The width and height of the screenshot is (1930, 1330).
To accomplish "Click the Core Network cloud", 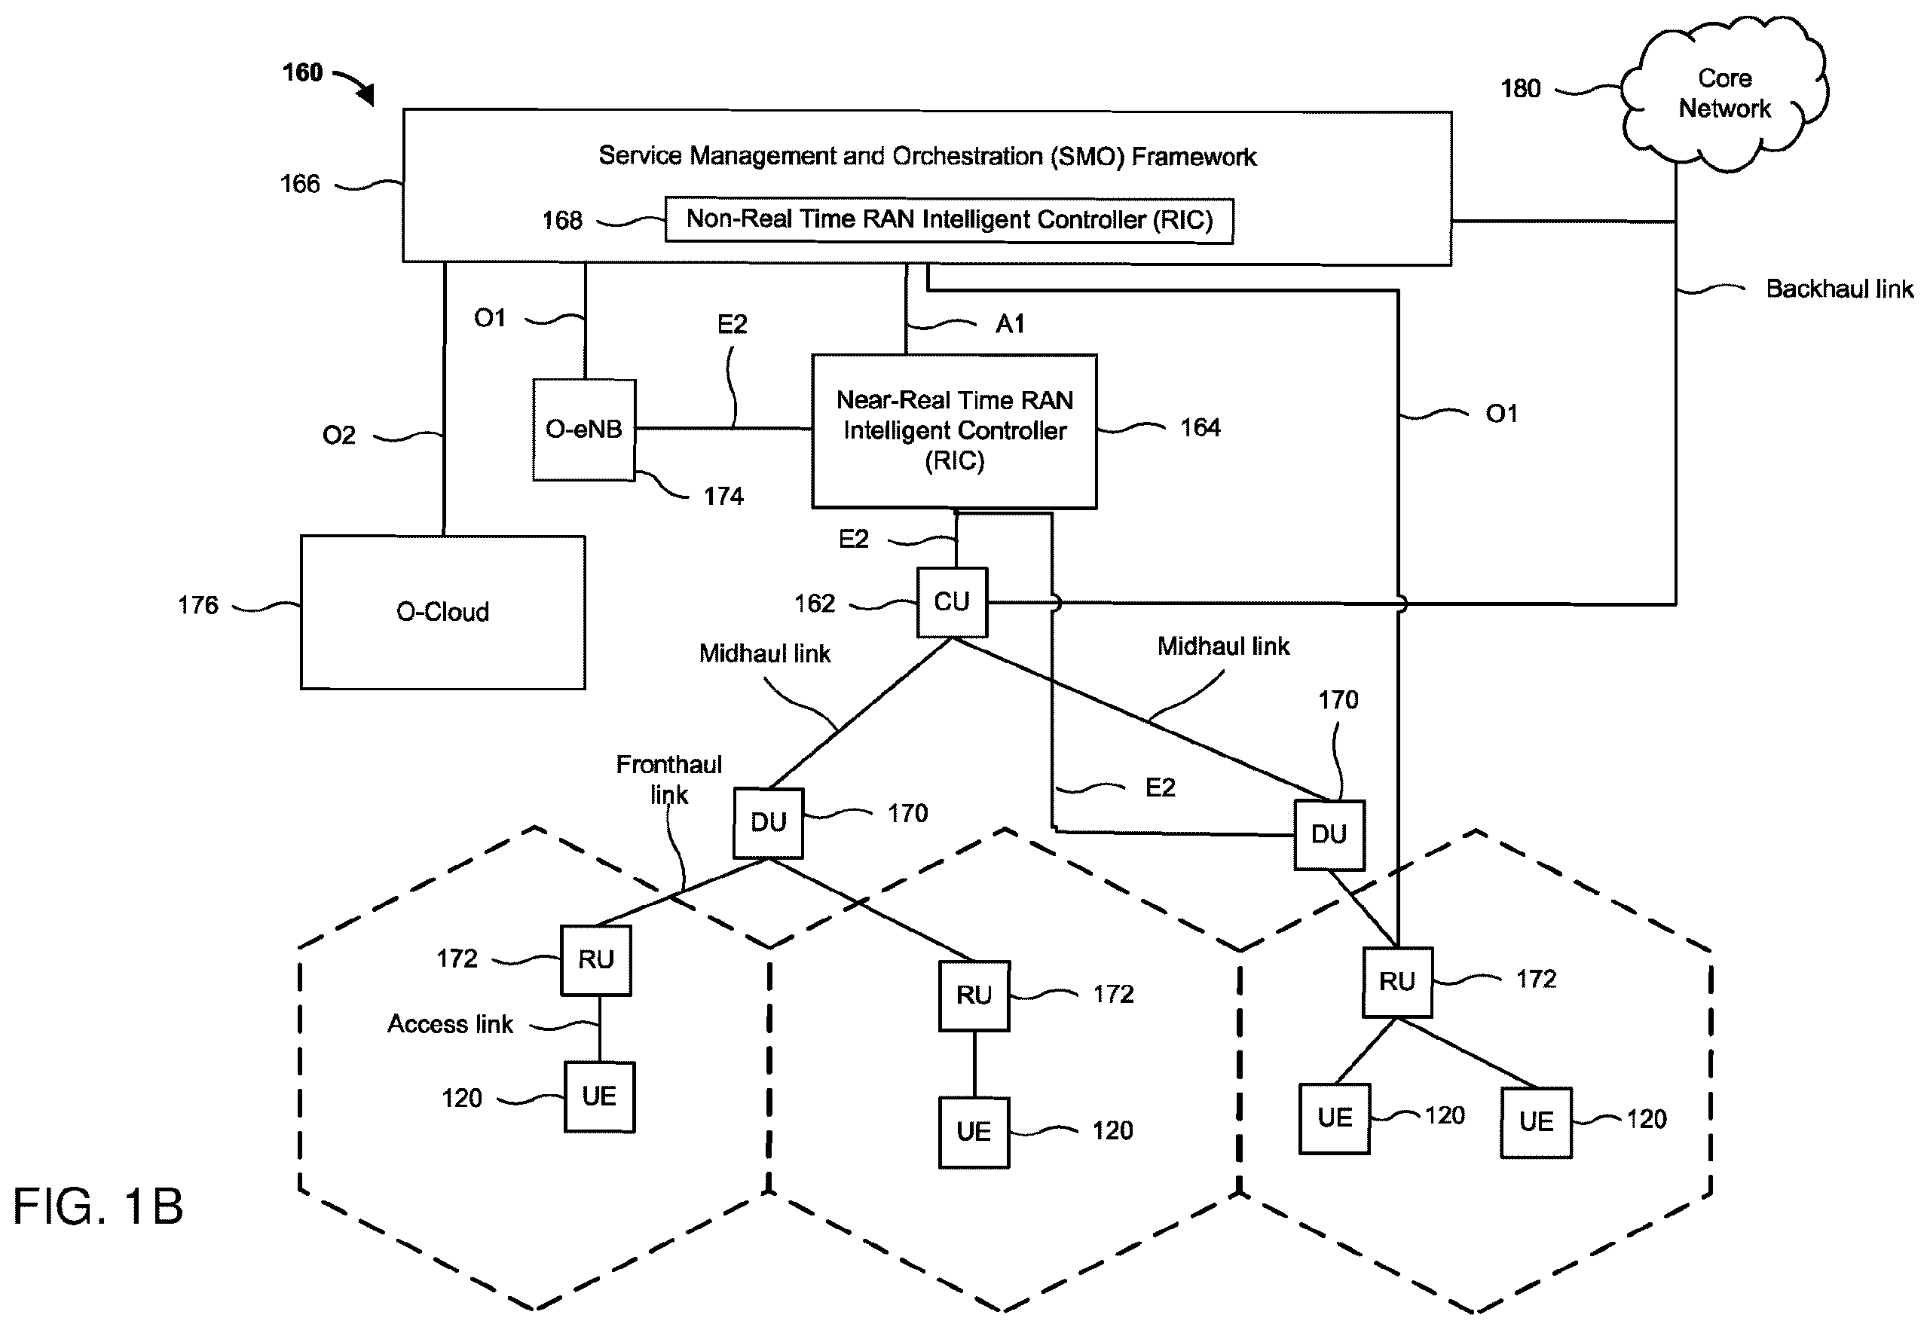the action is (1724, 93).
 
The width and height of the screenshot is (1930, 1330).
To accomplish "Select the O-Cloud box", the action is (442, 612).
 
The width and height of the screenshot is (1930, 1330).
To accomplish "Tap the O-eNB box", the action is (584, 430).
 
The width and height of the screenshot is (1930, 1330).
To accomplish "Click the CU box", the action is (952, 601).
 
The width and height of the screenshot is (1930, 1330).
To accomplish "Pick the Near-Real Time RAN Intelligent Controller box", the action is (954, 431).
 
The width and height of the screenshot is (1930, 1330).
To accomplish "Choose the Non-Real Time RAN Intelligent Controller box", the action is (949, 220).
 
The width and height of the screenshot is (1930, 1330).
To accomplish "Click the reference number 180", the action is (1520, 88).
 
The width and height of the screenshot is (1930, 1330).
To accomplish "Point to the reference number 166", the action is (299, 183).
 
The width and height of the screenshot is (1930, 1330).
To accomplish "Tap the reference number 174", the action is (723, 497).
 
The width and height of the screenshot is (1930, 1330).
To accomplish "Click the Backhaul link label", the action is (1839, 289).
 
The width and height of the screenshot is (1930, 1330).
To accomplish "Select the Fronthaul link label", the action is (669, 779).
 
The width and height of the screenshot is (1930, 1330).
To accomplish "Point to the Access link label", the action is (450, 1024).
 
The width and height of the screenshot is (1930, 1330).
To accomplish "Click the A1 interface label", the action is (1010, 323).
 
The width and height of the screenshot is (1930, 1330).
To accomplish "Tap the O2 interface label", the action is (338, 435).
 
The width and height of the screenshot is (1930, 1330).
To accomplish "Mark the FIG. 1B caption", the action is (98, 1206).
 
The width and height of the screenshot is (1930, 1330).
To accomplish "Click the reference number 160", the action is (302, 72).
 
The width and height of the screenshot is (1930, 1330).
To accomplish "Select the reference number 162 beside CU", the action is (814, 604).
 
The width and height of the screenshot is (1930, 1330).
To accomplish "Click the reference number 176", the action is (197, 605).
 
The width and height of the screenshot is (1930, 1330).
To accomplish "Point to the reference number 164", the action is (1200, 427).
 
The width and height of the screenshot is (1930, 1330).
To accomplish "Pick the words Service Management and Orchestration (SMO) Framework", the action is (928, 157).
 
